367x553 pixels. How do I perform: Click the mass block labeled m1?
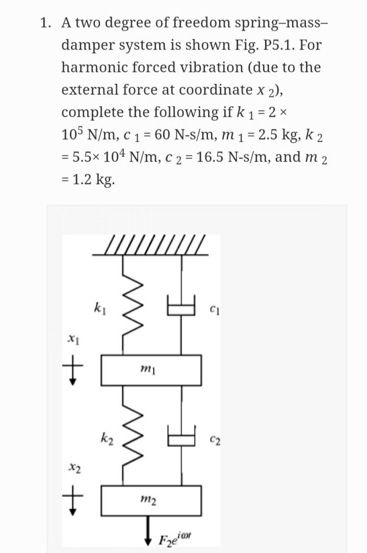click(x=151, y=370)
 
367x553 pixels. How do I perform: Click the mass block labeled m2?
click(x=151, y=501)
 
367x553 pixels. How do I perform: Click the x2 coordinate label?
click(x=74, y=467)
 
